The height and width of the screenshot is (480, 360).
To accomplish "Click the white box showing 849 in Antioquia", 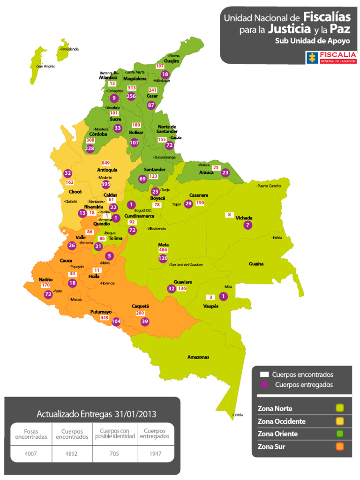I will coord(106,163).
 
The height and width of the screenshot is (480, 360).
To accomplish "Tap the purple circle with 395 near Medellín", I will coord(106,184).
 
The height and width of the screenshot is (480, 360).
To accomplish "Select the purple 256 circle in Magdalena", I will coord(131,96).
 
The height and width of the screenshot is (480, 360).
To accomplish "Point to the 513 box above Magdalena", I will coord(132,88).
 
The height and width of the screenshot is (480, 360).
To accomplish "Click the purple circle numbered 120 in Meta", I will coord(163,258).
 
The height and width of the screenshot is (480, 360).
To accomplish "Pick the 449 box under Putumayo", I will coord(105,318).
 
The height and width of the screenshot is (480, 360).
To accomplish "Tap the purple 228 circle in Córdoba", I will coord(90,149).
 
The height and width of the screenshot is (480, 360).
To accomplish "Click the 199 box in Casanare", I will coord(200,203).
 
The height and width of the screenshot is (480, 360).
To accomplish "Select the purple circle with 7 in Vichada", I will coord(247,225).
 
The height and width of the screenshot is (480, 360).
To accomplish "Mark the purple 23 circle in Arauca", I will coord(225,172).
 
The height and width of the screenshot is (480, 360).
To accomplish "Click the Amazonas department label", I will coord(198,357).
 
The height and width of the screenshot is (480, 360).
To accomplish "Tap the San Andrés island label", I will coord(46,66).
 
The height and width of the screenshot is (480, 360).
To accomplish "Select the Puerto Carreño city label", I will coord(269,186).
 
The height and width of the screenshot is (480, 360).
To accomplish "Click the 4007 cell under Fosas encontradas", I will coord(30,454).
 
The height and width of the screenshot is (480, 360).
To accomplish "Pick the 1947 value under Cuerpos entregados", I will coord(155,454).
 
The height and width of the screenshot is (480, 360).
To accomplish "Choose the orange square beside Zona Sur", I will coord(340,446).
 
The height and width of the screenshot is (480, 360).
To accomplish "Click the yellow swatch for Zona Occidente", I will coord(340,421).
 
